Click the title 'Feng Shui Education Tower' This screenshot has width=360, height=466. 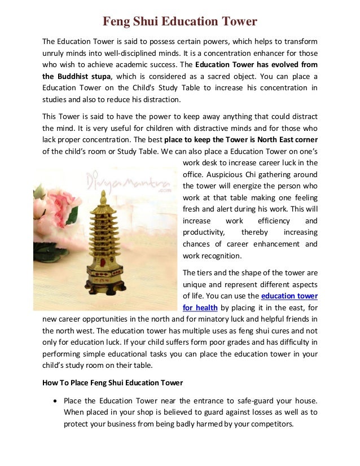pos(179,22)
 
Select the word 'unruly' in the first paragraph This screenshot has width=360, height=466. pos(54,54)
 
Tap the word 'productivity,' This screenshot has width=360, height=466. pos(203,232)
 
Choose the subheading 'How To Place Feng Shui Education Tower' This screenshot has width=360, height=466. pos(113,383)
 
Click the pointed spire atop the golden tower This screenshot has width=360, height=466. pos(103,197)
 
